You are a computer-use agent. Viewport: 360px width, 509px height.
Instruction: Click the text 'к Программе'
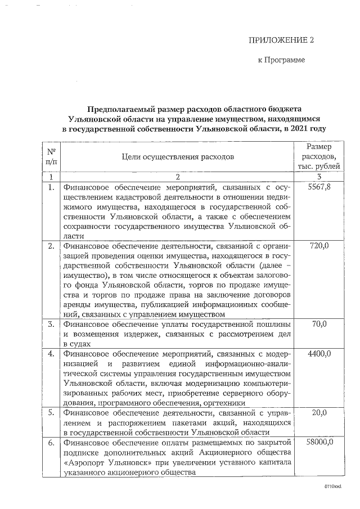281,60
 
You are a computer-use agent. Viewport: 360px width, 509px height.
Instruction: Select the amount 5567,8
319,187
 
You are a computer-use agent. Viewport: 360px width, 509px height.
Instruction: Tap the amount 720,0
319,245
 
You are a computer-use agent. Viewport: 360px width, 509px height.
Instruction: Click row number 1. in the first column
51,187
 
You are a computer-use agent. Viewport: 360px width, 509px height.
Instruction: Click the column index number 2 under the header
178,177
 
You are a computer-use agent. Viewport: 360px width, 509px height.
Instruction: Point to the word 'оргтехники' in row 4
224,403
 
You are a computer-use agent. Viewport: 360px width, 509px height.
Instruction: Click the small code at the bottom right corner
333,485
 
